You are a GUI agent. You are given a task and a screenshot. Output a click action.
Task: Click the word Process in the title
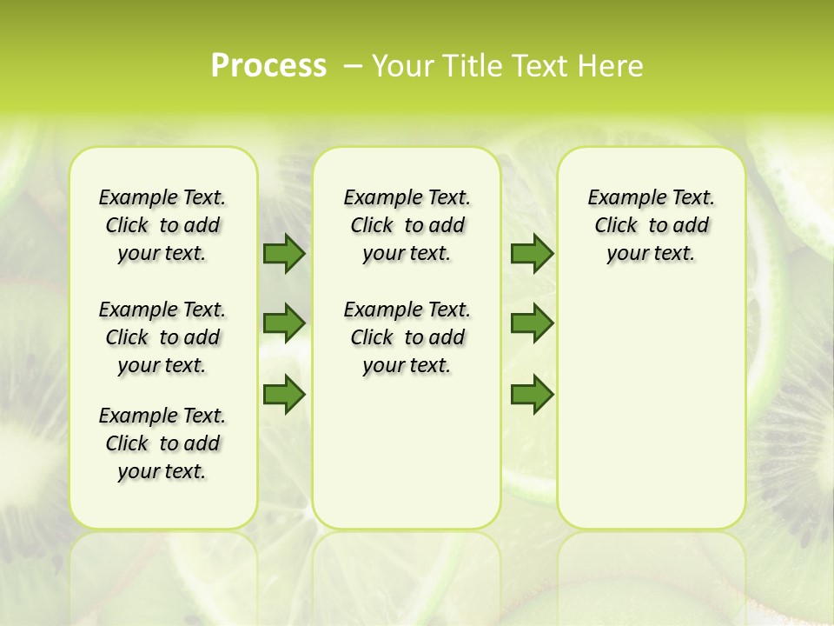click(268, 66)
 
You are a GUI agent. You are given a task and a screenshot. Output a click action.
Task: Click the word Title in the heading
click(473, 66)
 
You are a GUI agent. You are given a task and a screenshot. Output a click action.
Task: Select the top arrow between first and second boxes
click(284, 254)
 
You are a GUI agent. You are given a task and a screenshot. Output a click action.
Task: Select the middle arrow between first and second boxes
click(284, 324)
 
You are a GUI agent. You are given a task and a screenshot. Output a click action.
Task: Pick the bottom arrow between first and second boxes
click(284, 395)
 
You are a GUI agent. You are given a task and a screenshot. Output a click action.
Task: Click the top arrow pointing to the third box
click(532, 254)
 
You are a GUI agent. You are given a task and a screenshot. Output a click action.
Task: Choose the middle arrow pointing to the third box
click(532, 324)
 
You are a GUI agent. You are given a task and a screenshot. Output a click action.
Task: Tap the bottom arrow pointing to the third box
click(532, 395)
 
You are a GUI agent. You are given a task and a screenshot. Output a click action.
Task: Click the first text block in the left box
click(162, 225)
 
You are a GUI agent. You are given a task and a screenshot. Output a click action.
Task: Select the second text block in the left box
click(162, 337)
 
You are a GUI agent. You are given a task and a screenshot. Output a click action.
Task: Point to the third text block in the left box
click(162, 443)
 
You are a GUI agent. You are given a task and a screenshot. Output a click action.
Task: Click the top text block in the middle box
click(407, 225)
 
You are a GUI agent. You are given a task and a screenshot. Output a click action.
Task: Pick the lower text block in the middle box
click(407, 337)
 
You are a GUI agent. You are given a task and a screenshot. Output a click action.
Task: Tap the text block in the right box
click(652, 225)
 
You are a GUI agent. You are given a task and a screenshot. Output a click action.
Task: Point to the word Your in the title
click(403, 66)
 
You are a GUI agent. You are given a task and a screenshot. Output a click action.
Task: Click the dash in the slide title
click(353, 66)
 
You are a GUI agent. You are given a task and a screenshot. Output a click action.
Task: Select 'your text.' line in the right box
click(652, 254)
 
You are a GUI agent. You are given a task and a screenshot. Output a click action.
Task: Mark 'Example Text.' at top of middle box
click(407, 197)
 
